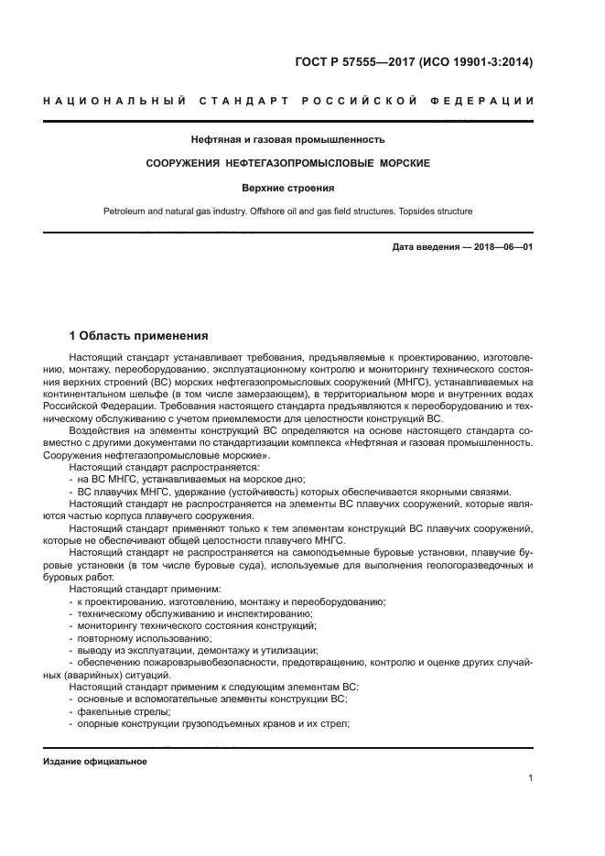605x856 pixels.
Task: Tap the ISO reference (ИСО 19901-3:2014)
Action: pos(475,63)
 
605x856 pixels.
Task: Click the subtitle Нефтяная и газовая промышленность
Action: pos(287,140)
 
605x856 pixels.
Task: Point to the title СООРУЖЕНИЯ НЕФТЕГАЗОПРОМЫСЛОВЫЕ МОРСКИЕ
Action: pos(288,163)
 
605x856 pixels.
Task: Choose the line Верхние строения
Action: pos(287,188)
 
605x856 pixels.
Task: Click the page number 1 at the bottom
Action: pos(530,778)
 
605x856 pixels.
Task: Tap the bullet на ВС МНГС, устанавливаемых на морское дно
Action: pos(191,479)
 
